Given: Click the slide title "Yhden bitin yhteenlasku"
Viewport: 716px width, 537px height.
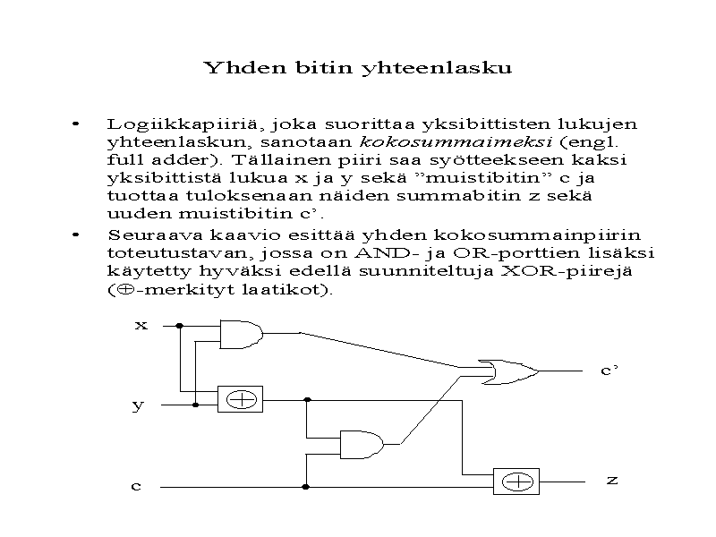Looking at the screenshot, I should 357,68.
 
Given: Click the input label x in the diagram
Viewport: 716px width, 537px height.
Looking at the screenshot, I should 141,325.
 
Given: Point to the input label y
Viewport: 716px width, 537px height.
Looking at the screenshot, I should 138,405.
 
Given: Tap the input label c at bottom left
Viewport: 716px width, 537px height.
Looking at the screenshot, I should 136,486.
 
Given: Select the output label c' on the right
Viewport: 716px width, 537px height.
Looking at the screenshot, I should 609,371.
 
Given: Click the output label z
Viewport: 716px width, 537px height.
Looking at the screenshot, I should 612,481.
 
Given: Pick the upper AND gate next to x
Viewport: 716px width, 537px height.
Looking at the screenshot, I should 240,334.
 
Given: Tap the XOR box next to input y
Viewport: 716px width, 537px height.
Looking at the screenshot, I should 241,399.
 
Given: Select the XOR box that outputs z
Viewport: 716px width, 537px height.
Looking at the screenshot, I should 516,481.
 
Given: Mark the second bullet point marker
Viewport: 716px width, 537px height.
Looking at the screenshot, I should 77,234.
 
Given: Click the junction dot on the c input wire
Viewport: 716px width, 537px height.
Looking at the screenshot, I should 306,487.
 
